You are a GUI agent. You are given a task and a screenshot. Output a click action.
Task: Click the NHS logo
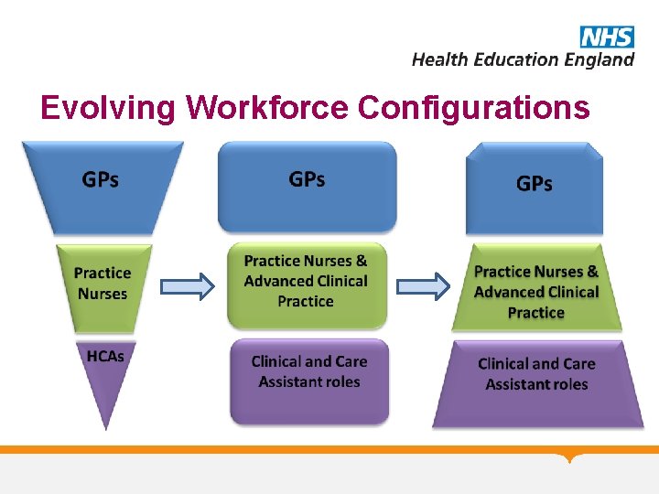point(606,37)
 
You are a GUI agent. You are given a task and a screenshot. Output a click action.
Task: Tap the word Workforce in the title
point(266,108)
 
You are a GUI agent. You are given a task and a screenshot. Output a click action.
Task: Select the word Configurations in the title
point(473,108)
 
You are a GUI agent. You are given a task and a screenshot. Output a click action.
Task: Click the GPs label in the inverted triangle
point(101,179)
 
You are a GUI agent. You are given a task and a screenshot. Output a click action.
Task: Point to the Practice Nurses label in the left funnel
point(103,283)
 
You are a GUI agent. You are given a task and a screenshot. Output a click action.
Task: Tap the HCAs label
point(104,355)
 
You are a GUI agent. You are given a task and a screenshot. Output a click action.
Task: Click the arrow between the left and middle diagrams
point(187,286)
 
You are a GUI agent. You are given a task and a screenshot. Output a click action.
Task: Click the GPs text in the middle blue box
point(307,179)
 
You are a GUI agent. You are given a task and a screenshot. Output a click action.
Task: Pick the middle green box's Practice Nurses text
point(305,262)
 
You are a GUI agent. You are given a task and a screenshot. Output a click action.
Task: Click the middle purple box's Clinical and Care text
point(308,361)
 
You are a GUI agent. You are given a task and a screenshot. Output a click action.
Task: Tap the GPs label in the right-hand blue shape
point(535,184)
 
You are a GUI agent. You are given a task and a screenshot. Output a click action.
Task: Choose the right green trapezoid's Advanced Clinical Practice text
point(536,302)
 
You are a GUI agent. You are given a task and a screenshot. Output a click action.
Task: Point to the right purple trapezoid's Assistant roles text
point(536,384)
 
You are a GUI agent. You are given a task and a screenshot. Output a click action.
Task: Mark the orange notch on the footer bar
point(572,457)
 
